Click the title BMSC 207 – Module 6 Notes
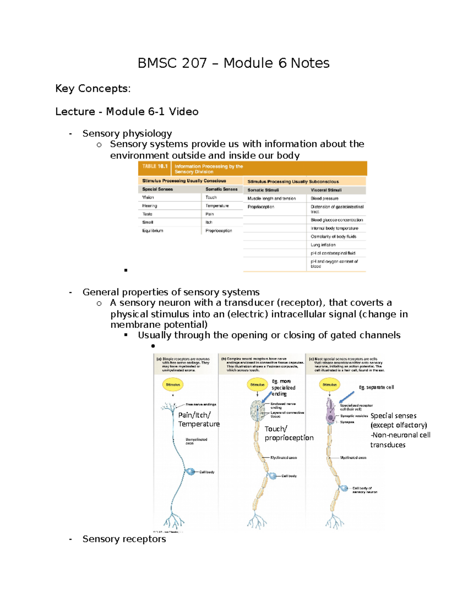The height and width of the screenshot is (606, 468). click(233, 63)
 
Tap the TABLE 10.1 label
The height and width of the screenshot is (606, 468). click(154, 166)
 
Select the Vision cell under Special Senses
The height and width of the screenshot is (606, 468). click(148, 197)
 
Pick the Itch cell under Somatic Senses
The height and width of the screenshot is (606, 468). click(209, 222)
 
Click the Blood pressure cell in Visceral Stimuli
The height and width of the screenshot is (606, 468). click(324, 198)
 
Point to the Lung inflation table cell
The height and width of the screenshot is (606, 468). click(323, 245)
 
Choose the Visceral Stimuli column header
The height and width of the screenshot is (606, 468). click(326, 190)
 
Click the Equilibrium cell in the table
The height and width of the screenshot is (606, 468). click(152, 231)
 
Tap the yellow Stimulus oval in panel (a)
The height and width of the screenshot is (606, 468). click(173, 385)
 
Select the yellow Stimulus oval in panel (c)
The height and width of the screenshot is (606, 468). click(330, 385)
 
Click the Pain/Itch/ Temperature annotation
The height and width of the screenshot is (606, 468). click(199, 419)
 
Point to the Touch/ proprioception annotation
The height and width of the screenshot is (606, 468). click(289, 433)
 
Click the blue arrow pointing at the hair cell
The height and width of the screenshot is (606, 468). click(346, 398)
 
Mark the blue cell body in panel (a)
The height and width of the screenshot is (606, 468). click(190, 472)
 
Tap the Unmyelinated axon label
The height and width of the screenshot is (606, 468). click(196, 441)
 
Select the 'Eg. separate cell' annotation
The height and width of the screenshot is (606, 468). click(376, 387)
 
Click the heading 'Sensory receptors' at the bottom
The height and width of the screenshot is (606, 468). click(124, 539)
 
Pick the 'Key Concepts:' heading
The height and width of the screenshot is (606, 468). click(93, 89)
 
